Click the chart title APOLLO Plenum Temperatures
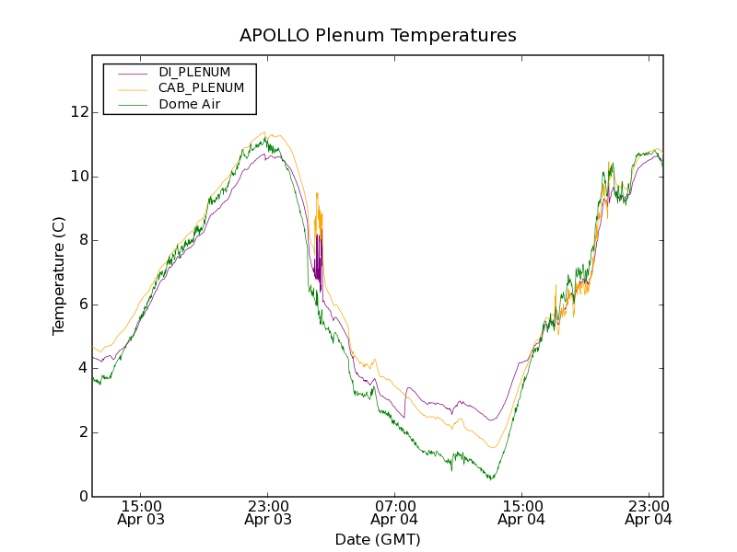pyautogui.click(x=378, y=36)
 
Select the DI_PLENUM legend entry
pyautogui.click(x=194, y=72)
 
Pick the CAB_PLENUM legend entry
pyautogui.click(x=201, y=87)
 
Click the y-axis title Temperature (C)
pyautogui.click(x=59, y=275)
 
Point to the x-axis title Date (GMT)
pyautogui.click(x=378, y=539)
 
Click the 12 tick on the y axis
pyautogui.click(x=80, y=112)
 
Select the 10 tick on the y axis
pyautogui.click(x=80, y=177)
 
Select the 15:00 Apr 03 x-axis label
pyautogui.click(x=141, y=512)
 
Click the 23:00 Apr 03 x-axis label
pyautogui.click(x=268, y=512)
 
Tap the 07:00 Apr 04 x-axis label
pyautogui.click(x=394, y=512)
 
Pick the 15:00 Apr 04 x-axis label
pyautogui.click(x=521, y=512)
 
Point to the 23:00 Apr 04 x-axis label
pyautogui.click(x=648, y=512)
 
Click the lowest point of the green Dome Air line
pyautogui.click(x=492, y=479)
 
